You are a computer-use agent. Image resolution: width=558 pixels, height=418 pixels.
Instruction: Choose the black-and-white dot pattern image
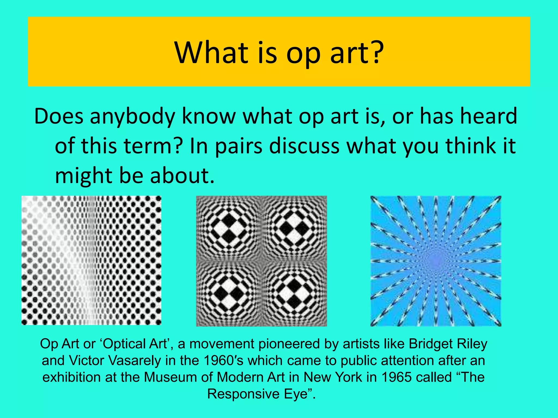(x=91, y=260)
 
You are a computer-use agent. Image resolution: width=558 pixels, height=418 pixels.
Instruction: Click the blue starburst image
(x=436, y=261)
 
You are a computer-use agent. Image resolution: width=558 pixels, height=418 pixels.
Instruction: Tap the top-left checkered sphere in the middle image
(x=229, y=228)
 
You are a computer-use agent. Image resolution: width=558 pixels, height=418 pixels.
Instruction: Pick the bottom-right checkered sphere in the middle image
(x=294, y=294)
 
